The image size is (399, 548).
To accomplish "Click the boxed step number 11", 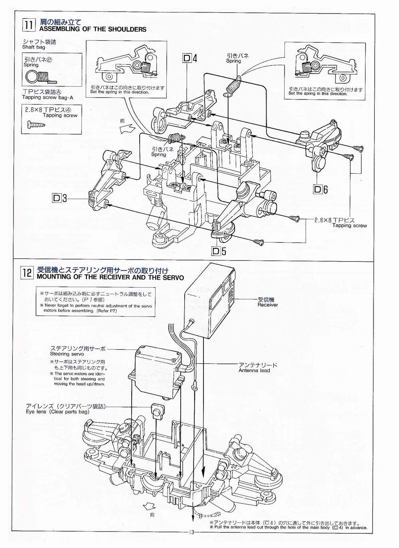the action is [x=29, y=25].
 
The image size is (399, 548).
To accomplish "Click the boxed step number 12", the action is [x=27, y=273].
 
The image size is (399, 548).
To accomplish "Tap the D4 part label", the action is [x=190, y=58].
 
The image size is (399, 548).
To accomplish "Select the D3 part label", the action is [x=59, y=198].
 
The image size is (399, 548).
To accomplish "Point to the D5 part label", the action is [x=219, y=251].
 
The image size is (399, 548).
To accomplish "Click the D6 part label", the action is [x=320, y=189].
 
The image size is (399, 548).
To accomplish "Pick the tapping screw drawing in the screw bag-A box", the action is [x=37, y=125].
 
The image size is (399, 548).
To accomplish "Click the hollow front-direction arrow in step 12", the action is [x=150, y=505].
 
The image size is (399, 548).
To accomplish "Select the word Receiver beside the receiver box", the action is [x=268, y=305].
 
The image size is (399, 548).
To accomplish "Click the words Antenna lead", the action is [x=254, y=370].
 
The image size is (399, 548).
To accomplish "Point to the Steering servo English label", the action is [x=67, y=354].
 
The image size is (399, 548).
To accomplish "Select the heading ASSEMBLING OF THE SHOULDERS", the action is [x=93, y=29].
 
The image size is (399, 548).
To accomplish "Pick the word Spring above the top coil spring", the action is [x=233, y=61].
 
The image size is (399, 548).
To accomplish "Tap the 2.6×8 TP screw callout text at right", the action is [x=334, y=220].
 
